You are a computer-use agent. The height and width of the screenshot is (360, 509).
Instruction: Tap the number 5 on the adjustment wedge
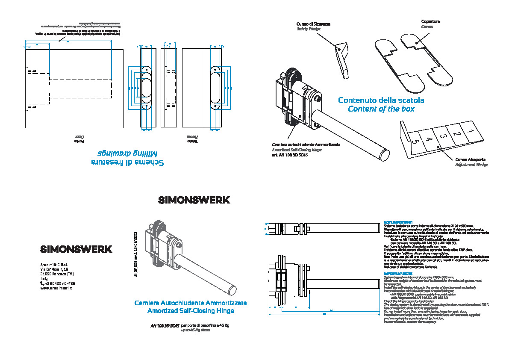click(414, 142)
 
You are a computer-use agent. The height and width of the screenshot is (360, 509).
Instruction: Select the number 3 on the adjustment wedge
click(443, 136)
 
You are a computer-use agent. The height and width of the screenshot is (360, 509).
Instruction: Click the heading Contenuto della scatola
click(381, 100)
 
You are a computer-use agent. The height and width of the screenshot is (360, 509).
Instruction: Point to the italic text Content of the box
click(381, 109)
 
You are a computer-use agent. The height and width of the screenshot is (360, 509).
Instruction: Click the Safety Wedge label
click(307, 29)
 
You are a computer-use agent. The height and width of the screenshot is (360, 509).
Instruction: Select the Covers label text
click(427, 27)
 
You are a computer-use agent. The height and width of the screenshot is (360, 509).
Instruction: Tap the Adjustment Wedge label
click(471, 165)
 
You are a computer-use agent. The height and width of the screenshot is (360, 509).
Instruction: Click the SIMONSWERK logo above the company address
click(76, 249)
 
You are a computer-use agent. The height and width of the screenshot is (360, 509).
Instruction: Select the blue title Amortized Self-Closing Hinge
click(190, 311)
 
